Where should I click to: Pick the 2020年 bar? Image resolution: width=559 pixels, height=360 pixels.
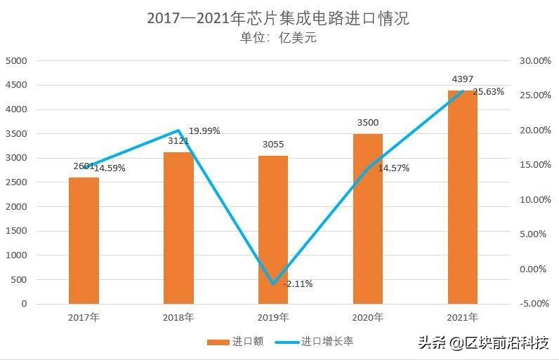pyautogui.click(x=368, y=218)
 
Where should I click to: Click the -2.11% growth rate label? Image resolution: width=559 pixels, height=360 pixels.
pyautogui.click(x=298, y=284)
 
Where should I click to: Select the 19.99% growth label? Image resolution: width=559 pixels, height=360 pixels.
pyautogui.click(x=204, y=131)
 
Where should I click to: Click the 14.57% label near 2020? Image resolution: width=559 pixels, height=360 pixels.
pyautogui.click(x=393, y=168)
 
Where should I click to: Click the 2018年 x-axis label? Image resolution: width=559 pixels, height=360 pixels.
pyautogui.click(x=178, y=317)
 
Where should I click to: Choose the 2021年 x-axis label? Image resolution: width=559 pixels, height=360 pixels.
pyautogui.click(x=463, y=317)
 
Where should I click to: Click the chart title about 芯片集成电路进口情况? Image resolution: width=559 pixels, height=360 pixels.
pyautogui.click(x=278, y=18)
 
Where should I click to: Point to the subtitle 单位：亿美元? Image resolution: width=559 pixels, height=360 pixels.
pyautogui.click(x=278, y=38)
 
